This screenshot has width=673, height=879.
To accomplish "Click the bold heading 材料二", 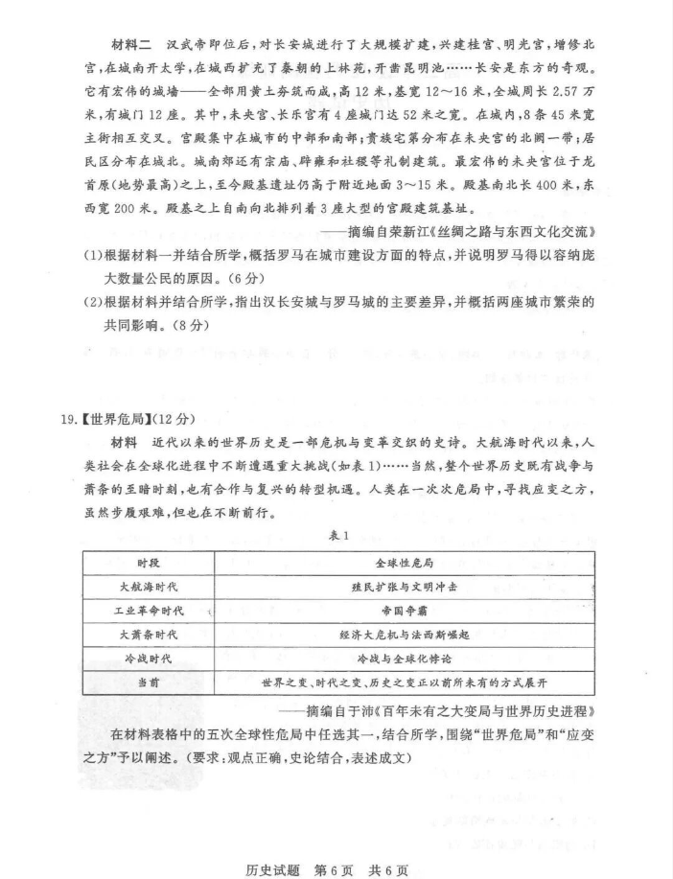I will pos(131,45).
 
